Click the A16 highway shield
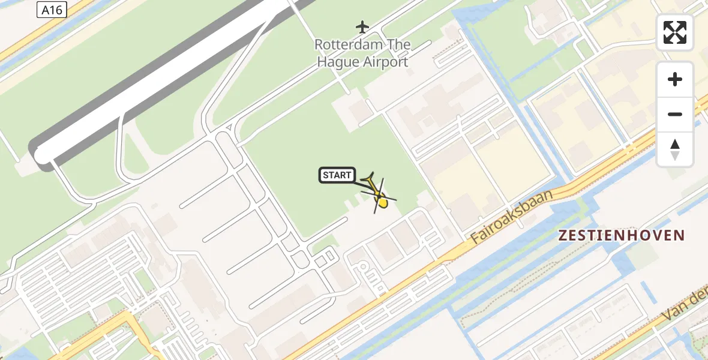(x=51, y=10)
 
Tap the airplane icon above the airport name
(x=362, y=26)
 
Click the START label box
(x=337, y=175)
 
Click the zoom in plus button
(x=675, y=79)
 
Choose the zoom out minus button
(x=675, y=114)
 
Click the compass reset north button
(x=675, y=149)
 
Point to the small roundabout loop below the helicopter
(x=363, y=268)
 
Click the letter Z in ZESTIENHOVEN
(x=563, y=235)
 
